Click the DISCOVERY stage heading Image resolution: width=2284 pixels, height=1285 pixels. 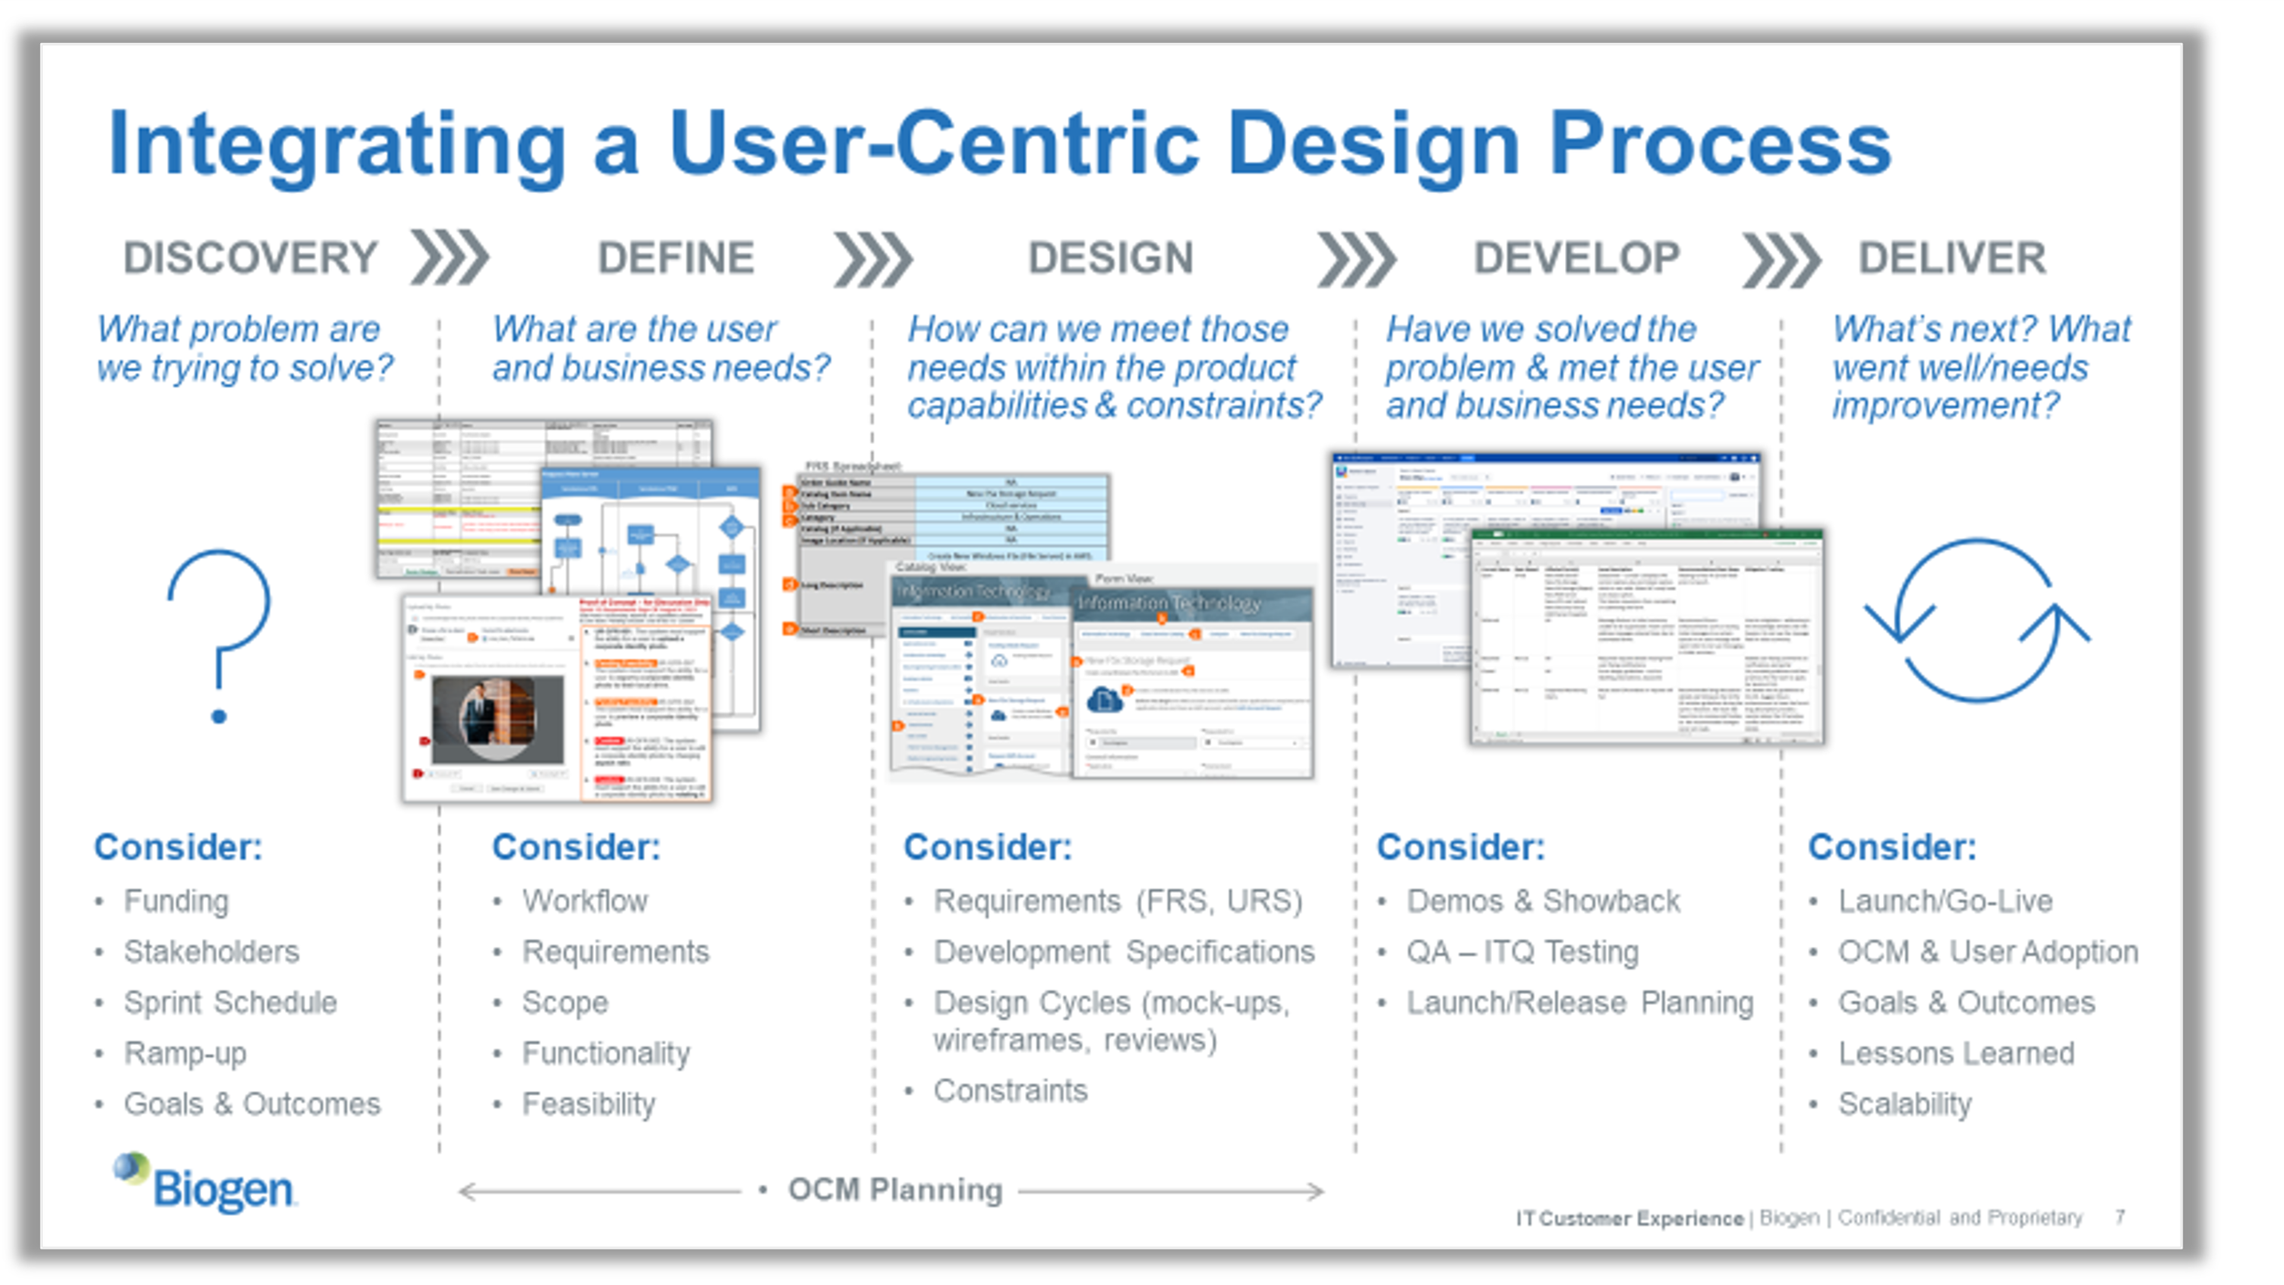coord(250,258)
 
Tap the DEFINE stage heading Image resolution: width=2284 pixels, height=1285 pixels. coord(676,258)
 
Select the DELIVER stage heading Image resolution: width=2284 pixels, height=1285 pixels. coord(1952,258)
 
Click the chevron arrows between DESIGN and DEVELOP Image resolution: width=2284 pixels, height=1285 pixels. coord(1357,259)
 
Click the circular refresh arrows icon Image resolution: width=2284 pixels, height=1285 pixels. coord(1977,620)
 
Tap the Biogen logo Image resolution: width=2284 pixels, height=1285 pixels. coord(205,1184)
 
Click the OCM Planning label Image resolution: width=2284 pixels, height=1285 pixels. coord(894,1190)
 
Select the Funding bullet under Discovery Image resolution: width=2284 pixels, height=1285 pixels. coord(176,901)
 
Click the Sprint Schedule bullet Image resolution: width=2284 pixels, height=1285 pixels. coord(230,1003)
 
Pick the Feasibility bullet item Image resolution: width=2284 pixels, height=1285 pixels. coord(588,1104)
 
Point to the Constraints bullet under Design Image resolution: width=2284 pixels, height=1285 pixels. coord(1010,1090)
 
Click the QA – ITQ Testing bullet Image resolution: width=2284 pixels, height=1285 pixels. coord(1522,953)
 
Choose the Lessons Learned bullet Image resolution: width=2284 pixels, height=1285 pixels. coord(1956,1054)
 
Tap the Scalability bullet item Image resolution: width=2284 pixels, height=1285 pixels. coord(1905,1104)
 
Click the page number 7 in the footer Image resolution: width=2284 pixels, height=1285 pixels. coord(2120,1217)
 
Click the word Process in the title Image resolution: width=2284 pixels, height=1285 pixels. coord(1719,144)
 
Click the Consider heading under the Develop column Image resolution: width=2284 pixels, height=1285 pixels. coord(1460,848)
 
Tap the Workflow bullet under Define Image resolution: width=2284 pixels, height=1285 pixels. coord(585,901)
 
